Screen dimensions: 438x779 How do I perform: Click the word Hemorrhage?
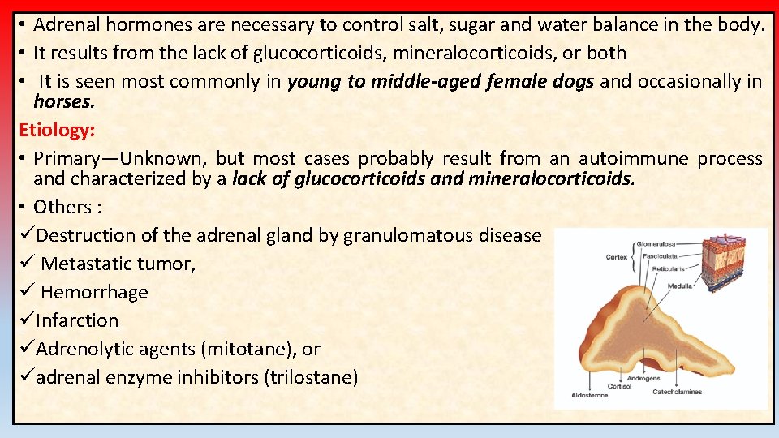coord(94,292)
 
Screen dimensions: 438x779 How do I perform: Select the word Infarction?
coord(77,320)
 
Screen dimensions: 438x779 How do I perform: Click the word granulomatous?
coord(400,235)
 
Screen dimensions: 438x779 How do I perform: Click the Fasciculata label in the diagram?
coord(659,256)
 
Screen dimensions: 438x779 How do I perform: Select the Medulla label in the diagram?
coord(679,286)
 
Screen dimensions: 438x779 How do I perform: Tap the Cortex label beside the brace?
coord(616,257)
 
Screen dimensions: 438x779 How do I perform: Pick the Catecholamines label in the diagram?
coord(678,392)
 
